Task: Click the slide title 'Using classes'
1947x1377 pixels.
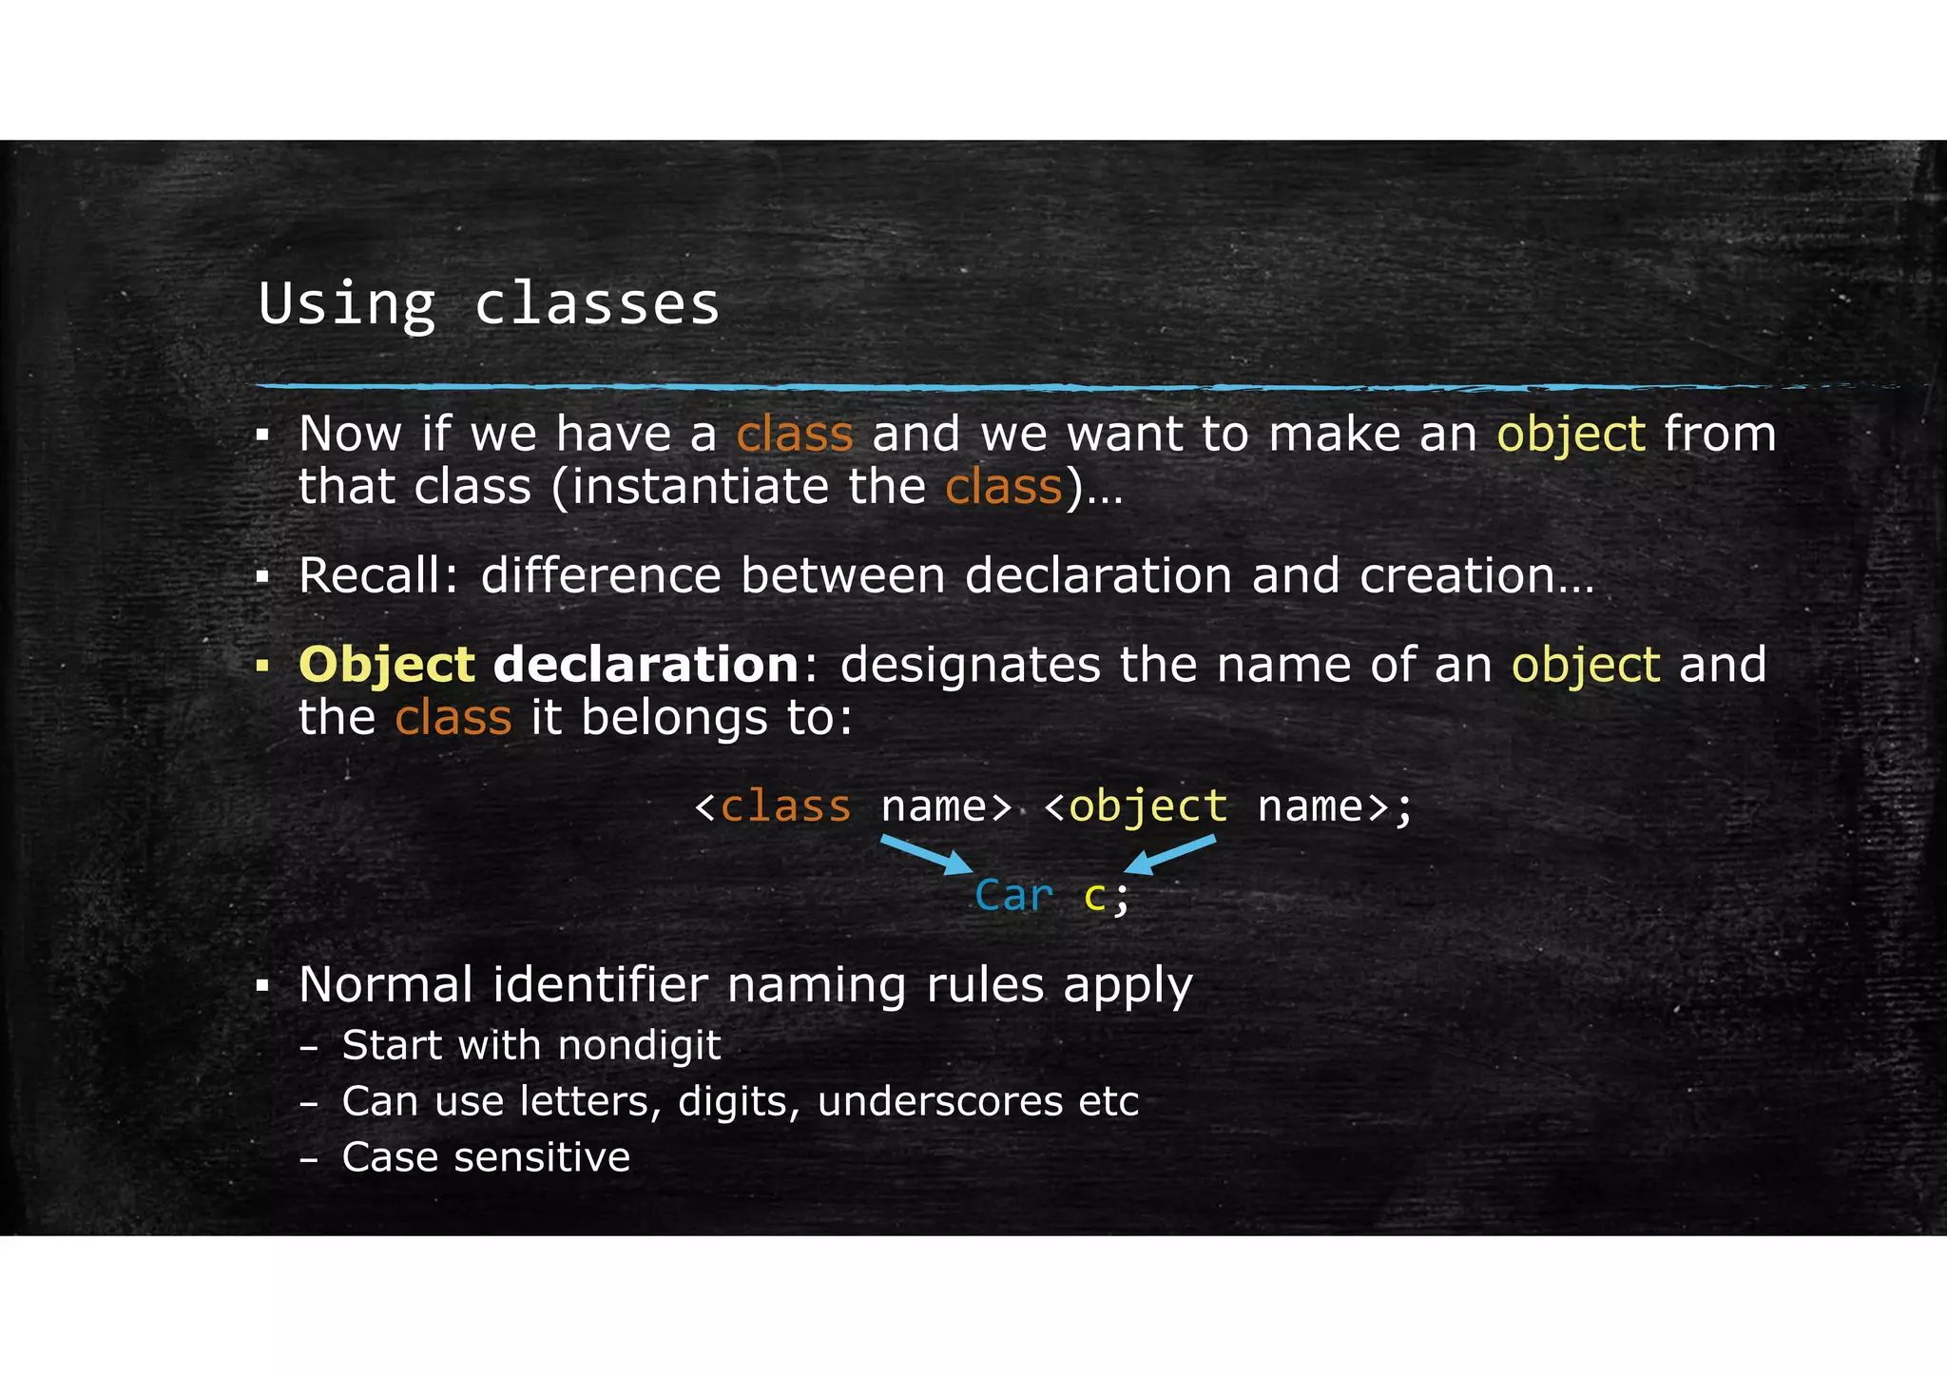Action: coord(489,304)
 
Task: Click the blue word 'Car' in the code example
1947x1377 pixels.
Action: coord(1013,896)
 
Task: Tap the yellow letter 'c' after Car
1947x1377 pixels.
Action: coord(1095,896)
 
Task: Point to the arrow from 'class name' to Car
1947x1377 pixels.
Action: coord(925,854)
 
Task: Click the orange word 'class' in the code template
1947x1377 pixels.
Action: coord(785,806)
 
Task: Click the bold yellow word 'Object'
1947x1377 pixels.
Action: coord(386,664)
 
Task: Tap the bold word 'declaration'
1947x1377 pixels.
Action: coord(646,664)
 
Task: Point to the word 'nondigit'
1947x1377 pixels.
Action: coord(639,1045)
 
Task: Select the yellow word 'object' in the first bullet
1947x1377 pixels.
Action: coord(1571,436)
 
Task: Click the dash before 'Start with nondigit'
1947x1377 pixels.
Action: coord(308,1047)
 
